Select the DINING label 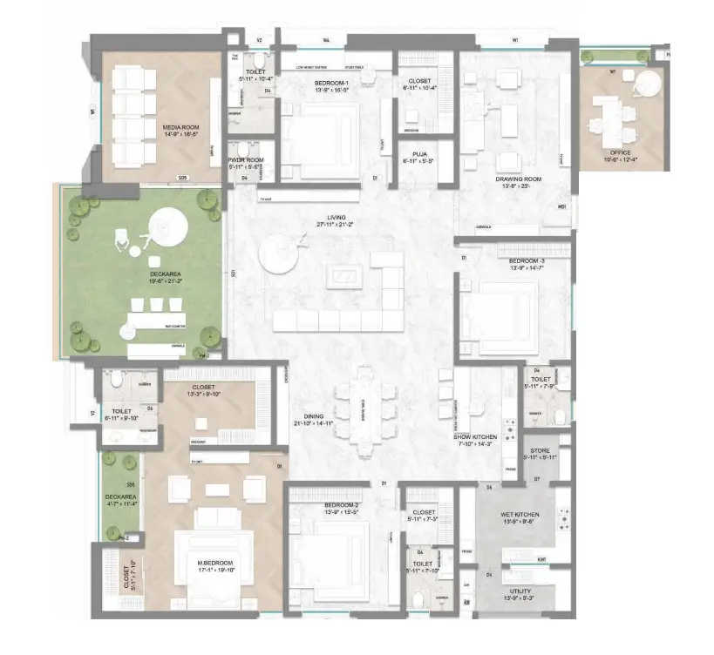pyautogui.click(x=314, y=416)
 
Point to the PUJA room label pyautogui.click(x=412, y=155)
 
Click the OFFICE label pyautogui.click(x=620, y=152)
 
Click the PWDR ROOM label pyautogui.click(x=244, y=161)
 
